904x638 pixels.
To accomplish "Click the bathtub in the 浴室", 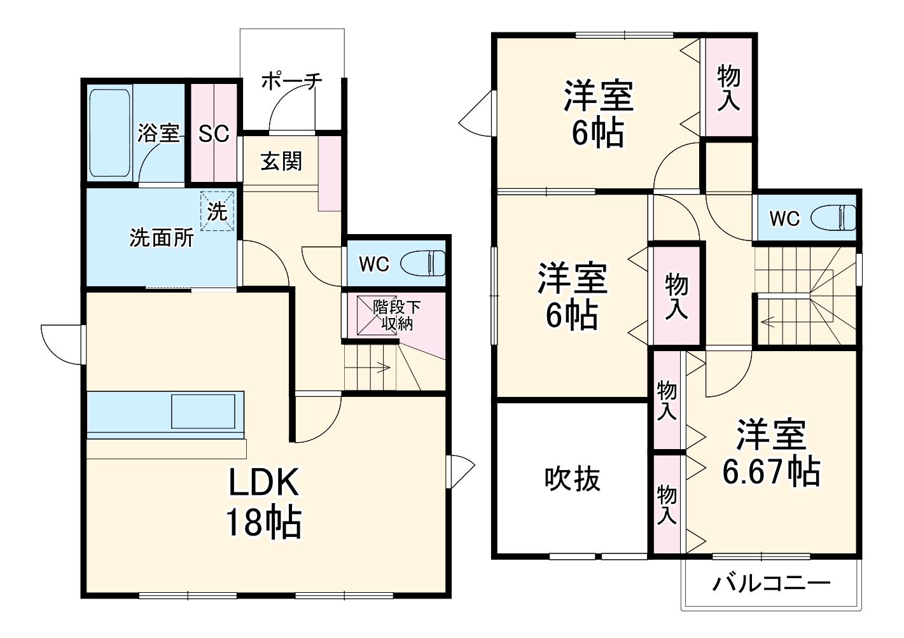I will point(109,133).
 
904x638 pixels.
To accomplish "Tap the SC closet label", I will point(213,134).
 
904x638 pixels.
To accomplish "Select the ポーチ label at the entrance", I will point(291,82).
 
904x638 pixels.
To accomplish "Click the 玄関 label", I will point(281,162).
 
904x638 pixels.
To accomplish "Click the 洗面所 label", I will point(162,238).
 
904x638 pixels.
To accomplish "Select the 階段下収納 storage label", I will point(396,315).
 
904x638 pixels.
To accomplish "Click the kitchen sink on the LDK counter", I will point(207,412).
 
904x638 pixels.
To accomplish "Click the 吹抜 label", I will point(572,479).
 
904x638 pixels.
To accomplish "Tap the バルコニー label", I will point(770,583).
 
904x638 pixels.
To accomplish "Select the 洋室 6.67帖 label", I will point(770,452).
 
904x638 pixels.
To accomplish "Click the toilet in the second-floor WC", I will point(833,218).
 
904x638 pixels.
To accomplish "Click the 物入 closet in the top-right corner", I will point(728,87).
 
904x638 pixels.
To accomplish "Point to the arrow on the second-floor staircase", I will point(768,322).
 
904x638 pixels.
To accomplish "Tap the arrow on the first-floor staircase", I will point(384,366).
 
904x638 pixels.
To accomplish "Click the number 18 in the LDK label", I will point(244,523).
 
